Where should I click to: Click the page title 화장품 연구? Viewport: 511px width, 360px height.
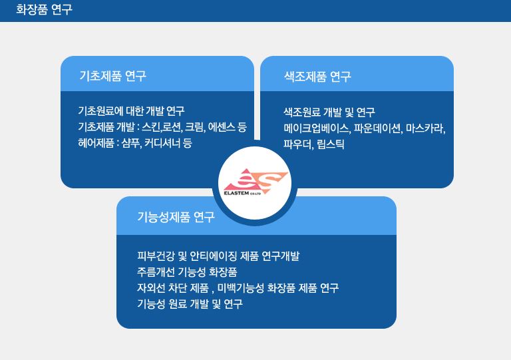44,9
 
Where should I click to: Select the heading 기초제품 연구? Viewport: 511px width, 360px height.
112,76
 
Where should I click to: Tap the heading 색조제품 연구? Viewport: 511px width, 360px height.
317,77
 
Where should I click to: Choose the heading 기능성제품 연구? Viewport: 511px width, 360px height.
176,217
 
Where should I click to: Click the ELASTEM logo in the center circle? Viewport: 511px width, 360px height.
255,182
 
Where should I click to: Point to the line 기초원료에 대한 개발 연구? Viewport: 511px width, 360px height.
131,111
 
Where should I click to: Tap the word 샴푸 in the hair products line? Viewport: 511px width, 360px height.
131,143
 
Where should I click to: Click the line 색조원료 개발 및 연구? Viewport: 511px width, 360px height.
329,112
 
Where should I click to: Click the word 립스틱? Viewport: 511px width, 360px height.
331,144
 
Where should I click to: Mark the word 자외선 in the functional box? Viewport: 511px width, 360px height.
151,288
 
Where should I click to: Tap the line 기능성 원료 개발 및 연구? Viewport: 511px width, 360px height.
190,304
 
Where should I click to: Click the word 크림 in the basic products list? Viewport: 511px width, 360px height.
194,127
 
